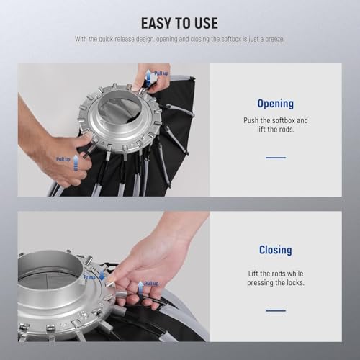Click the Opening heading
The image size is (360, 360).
275,104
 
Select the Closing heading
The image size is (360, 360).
275,251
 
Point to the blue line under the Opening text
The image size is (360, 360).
275,157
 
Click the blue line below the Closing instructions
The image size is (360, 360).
275,310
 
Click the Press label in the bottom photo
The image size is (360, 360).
89,276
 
